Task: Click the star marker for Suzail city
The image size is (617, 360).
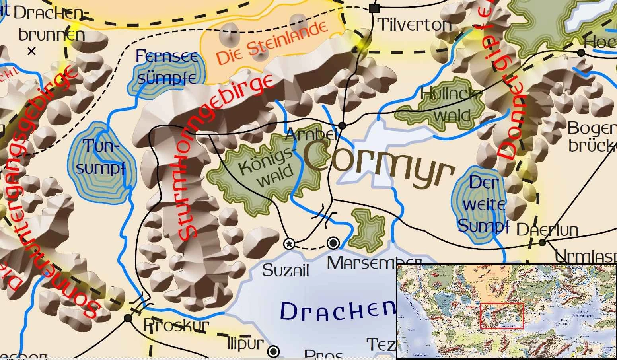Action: coord(290,243)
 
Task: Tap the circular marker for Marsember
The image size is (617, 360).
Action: coord(333,243)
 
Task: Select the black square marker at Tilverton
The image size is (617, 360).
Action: coord(374,8)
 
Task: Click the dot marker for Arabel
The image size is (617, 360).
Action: coord(342,126)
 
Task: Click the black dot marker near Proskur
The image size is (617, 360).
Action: coord(128,318)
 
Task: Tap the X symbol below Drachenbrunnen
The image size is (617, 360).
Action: coord(32,51)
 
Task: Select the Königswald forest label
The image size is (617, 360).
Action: coord(266,173)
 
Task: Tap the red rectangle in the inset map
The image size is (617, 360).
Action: coord(502,315)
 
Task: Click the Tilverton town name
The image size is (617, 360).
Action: coord(414,25)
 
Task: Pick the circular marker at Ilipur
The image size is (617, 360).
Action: coord(273,351)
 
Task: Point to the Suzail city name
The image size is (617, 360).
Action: coord(286,271)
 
